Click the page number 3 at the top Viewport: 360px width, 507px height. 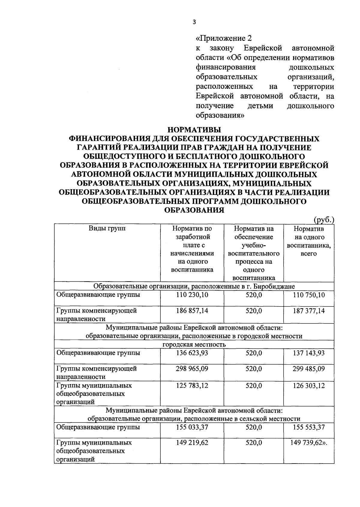(194, 22)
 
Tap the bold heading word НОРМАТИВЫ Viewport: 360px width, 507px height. (194, 130)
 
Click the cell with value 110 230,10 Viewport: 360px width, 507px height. (192, 295)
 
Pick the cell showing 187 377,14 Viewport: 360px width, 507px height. (309, 311)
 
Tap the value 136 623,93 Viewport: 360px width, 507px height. (192, 353)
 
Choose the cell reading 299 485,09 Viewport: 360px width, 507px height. (309, 368)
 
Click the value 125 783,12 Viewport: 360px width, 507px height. (192, 385)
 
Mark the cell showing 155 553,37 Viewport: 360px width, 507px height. (309, 427)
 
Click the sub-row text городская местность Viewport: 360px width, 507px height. (194, 344)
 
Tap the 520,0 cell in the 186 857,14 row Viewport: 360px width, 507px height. (253, 311)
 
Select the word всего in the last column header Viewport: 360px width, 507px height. (309, 253)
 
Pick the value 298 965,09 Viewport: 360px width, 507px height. (192, 368)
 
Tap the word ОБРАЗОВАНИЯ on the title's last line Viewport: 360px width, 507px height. (194, 210)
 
